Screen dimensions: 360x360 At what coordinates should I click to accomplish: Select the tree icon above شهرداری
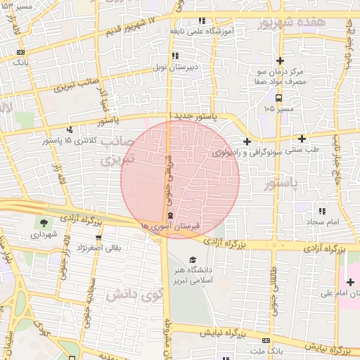44,223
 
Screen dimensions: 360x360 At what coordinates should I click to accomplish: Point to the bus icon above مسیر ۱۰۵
279,98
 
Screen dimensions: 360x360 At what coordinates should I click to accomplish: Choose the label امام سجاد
323,221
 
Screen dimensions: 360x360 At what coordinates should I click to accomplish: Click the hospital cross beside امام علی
350,282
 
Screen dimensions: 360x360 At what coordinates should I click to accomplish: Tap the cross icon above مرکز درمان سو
280,60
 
